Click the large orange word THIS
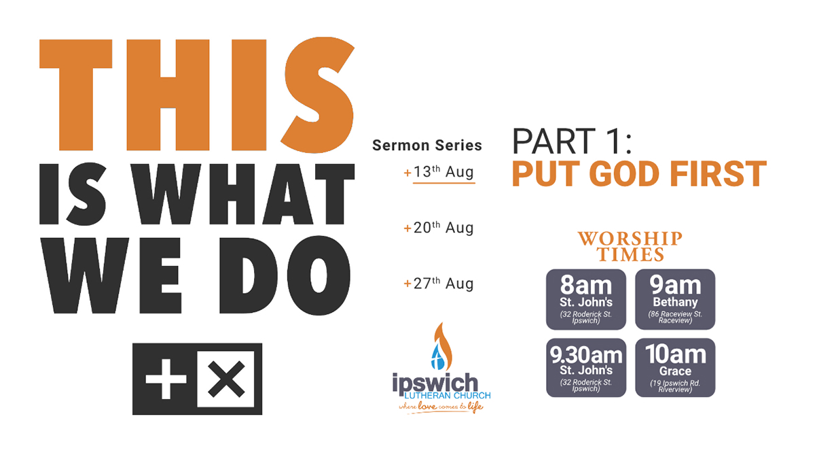pos(197,95)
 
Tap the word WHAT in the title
pos(242,194)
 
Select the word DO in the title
pos(285,276)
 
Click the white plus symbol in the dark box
pos(166,379)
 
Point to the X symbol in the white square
pos(226,379)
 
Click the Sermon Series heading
pos(427,146)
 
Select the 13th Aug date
pos(439,172)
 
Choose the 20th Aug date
pos(439,228)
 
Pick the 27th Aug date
pos(439,284)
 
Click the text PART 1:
pos(572,141)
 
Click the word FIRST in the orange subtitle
pos(719,174)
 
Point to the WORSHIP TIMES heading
pos(630,247)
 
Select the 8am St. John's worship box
pos(585,299)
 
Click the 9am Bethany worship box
pos(675,299)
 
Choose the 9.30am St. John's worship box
pos(585,368)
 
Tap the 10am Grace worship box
pos(675,368)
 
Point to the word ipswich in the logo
pos(435,384)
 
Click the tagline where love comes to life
pos(441,407)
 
